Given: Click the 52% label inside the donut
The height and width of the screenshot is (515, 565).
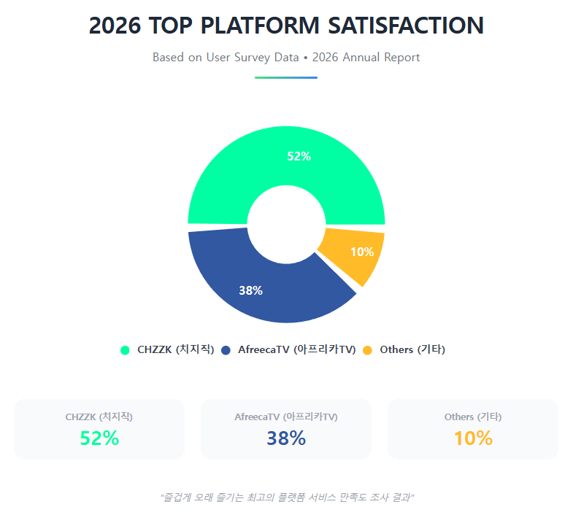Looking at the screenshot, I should coord(299,156).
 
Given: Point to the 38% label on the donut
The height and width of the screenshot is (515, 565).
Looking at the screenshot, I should coord(250,290).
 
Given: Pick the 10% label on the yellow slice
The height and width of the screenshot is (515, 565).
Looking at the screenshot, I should coord(362,252).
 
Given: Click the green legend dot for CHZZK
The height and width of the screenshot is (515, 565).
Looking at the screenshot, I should coord(125,350).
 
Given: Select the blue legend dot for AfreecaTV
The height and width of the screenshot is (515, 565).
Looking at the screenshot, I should coord(226,350).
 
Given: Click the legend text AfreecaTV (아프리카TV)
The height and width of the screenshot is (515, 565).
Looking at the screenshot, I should coord(297,349).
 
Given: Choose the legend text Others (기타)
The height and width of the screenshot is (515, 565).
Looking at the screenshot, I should coord(412,349).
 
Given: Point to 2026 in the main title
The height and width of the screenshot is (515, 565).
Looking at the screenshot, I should coord(115,26).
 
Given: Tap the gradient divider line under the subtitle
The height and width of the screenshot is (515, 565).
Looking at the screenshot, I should coord(285,77).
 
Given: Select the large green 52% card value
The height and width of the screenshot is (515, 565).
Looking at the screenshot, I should coord(99,438).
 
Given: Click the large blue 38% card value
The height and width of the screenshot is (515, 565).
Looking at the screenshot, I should coord(286,438).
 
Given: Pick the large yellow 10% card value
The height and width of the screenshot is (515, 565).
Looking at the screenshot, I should coord(473,438).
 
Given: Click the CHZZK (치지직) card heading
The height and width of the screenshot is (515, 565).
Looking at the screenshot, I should coord(99,417).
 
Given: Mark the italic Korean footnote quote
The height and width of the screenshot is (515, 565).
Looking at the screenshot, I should coord(287,497).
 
